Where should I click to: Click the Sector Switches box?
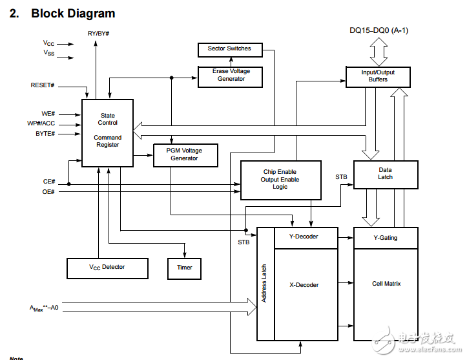tap(229, 49)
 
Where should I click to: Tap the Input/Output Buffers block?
tap(378, 76)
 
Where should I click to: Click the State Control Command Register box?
tap(107, 132)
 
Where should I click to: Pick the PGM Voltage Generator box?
tap(185, 155)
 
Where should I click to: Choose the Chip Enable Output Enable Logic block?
tap(280, 180)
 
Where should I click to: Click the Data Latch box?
tap(385, 174)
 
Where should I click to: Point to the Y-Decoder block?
tap(306, 237)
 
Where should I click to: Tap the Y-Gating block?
tap(386, 238)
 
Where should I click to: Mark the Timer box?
tap(184, 268)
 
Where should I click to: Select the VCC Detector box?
tap(107, 268)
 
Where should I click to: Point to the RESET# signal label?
tap(43, 85)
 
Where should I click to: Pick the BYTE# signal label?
tap(45, 134)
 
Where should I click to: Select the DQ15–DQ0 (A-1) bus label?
tap(379, 30)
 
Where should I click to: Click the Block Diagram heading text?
tap(73, 13)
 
